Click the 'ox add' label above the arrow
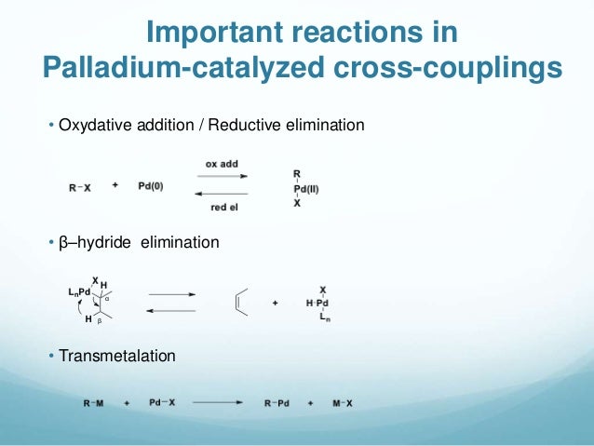click(222, 164)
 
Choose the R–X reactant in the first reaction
click(80, 186)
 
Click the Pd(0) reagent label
click(150, 185)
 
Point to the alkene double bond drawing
click(241, 303)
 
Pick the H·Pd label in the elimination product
click(317, 304)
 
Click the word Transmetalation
click(116, 356)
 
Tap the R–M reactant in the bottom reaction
click(94, 403)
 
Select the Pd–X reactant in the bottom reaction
click(162, 403)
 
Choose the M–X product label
click(350, 403)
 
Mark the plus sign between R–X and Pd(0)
click(115, 185)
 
